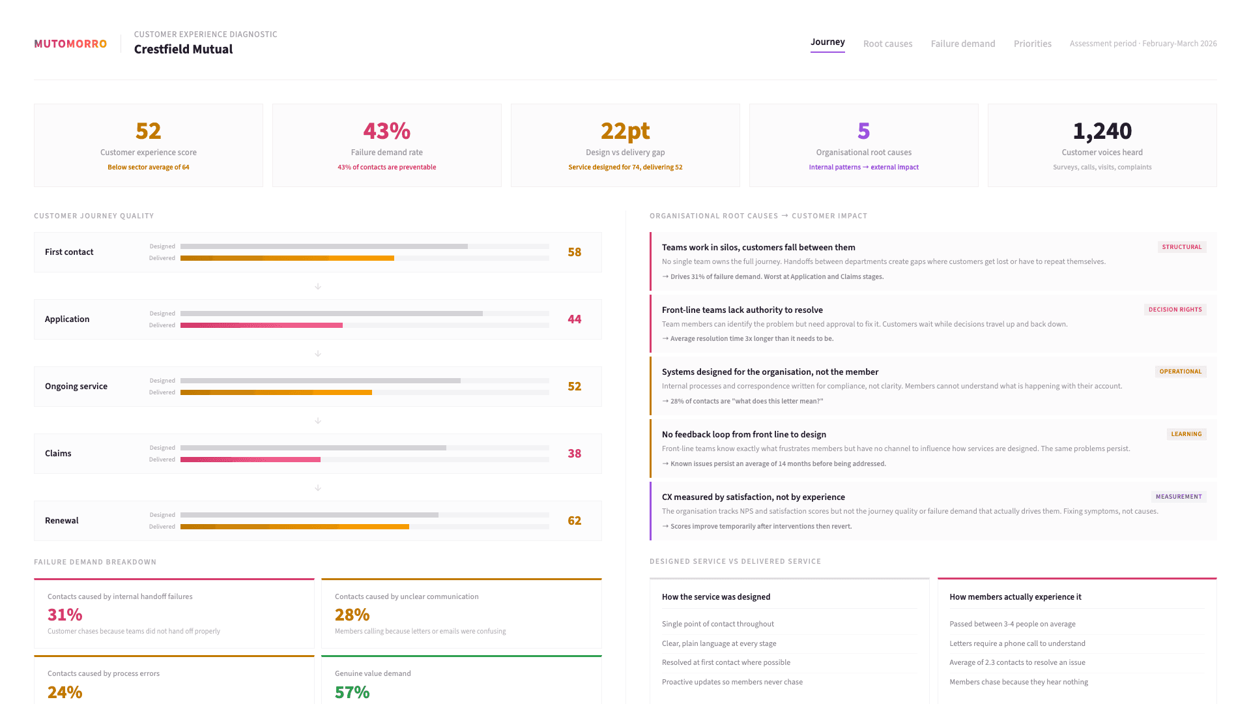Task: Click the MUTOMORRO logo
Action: [70, 44]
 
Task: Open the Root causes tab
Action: [887, 44]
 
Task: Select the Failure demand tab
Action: [962, 44]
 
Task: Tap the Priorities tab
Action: [1032, 44]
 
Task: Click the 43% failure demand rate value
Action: [386, 131]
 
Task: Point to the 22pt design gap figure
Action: [625, 131]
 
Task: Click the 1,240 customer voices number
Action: [1102, 131]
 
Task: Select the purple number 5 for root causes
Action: [863, 131]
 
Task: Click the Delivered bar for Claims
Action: [250, 460]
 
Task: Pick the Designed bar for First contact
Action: [324, 246]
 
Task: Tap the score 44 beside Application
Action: [574, 319]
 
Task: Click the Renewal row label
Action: [62, 520]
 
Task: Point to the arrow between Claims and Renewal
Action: [318, 488]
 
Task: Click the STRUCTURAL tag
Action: [1181, 247]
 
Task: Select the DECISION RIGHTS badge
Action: [1175, 310]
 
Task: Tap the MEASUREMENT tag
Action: [1178, 497]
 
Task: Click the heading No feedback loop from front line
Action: [743, 434]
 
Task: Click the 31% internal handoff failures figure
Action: [65, 615]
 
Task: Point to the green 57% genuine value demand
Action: [352, 692]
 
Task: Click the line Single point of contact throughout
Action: [717, 624]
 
